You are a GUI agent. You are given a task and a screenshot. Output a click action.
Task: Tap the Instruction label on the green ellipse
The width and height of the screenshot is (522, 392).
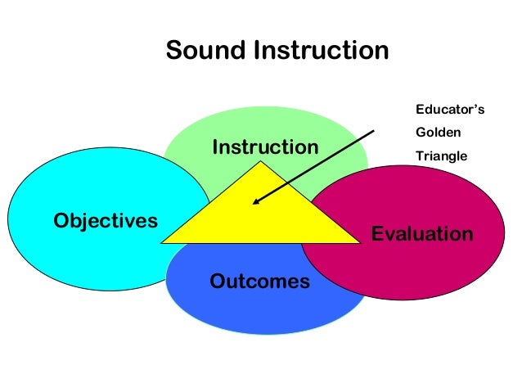[x=265, y=148]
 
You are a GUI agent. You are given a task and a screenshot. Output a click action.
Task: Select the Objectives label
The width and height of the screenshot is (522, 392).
[x=105, y=220]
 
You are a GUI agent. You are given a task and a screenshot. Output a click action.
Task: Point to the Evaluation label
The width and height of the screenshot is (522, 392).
[x=422, y=234]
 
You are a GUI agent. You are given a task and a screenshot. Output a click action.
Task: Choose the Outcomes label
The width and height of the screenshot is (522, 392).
[x=260, y=282]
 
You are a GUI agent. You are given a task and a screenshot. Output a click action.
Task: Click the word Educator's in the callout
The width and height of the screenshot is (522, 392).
[x=451, y=109]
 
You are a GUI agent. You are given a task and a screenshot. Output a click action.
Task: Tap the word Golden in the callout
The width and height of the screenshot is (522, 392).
[x=439, y=131]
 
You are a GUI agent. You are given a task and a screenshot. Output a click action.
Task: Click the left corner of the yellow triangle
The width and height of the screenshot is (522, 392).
[x=163, y=242]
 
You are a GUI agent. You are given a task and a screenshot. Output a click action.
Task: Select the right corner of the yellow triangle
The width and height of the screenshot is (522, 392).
[x=360, y=242]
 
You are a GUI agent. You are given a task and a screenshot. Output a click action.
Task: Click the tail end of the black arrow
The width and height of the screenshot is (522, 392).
[x=373, y=130]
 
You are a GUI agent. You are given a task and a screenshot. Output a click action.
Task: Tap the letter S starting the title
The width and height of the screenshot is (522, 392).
[x=173, y=51]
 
